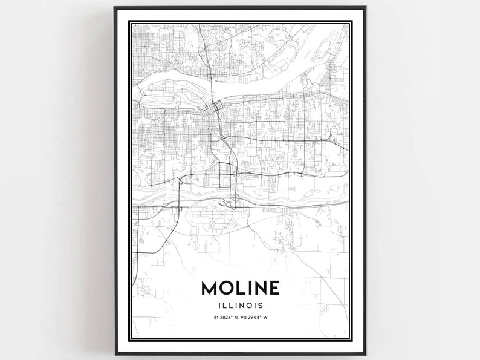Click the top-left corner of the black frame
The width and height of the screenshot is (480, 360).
(115, 8)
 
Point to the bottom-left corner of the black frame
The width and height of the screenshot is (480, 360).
(115, 353)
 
